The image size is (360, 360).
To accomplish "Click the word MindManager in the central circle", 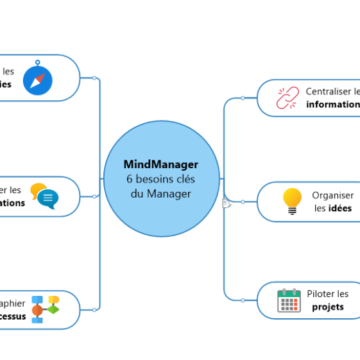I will click(x=161, y=165).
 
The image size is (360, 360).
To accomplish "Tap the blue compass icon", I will click(x=38, y=80).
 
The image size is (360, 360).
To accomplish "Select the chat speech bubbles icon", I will click(x=44, y=196).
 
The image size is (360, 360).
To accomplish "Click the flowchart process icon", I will click(x=45, y=309).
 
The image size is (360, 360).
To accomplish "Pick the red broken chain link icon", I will click(x=287, y=98).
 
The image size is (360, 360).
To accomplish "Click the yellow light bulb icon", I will click(x=292, y=201).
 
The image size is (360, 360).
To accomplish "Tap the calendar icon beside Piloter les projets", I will click(x=289, y=300).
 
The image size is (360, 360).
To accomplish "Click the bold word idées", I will click(x=339, y=209).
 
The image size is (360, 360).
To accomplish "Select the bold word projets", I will click(x=328, y=307).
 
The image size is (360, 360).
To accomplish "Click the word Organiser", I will click(x=332, y=196).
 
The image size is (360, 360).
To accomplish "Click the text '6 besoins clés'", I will click(x=161, y=179).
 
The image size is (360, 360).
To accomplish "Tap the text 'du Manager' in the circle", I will click(x=161, y=193).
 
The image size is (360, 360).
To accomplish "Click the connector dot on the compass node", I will click(x=94, y=78).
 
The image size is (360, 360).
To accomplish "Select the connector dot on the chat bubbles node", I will click(x=94, y=196).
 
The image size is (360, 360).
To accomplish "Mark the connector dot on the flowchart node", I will click(x=94, y=309).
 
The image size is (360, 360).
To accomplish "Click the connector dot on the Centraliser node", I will click(x=243, y=98).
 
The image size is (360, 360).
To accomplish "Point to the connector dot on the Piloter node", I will click(x=243, y=300).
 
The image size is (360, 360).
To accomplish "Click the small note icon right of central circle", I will click(x=227, y=203).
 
